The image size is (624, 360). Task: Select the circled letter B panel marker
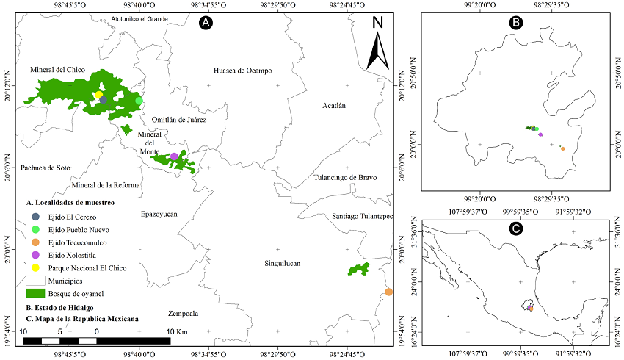(516, 23)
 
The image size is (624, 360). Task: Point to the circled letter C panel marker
(516, 228)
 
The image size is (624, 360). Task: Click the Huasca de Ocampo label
(242, 71)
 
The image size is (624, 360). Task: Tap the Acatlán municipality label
(333, 106)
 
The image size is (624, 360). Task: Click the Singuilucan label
(284, 262)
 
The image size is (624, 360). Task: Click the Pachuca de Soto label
(46, 168)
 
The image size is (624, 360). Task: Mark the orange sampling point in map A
(388, 292)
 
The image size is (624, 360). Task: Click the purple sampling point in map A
(174, 156)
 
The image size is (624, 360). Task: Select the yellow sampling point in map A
(98, 95)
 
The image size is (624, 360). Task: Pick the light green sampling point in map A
(139, 101)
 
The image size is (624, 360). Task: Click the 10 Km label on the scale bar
(177, 332)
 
